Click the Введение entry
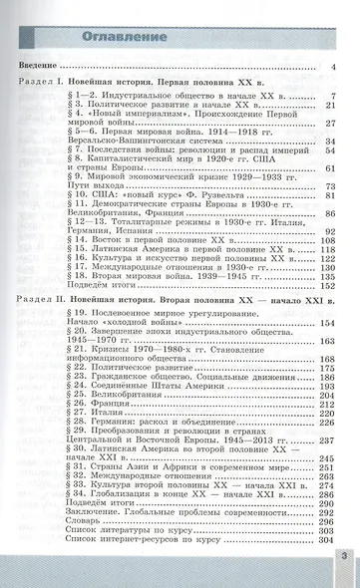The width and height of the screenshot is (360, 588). point(40,69)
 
